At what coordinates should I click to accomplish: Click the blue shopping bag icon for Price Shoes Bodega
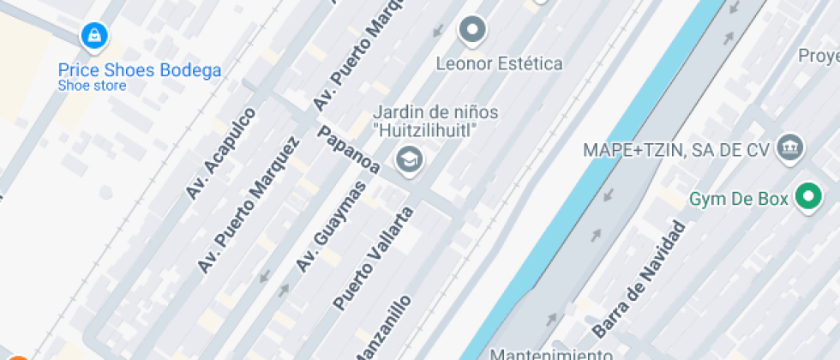point(93,36)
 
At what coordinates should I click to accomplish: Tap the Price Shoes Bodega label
point(140,70)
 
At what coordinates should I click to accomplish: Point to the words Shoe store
point(92,86)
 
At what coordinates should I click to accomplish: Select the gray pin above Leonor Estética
point(471,32)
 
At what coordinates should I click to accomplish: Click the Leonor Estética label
point(499,63)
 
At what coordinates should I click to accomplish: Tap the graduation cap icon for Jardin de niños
point(408,159)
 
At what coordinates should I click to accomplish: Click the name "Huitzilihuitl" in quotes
point(424,130)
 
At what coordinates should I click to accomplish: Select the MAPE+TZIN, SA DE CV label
point(675,149)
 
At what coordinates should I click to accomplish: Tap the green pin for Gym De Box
point(807,197)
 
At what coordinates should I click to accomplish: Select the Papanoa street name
point(349,150)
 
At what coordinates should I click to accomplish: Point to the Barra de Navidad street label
point(639,279)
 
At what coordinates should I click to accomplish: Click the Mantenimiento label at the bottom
point(551,353)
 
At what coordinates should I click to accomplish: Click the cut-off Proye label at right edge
point(818,57)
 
